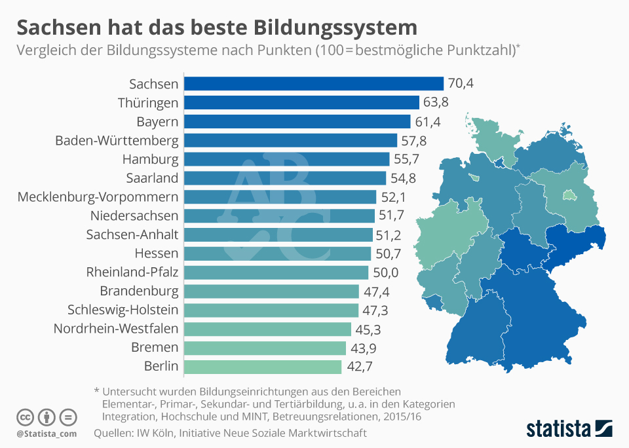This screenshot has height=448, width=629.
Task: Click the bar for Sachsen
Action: pos(313,84)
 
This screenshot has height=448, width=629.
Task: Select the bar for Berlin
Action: pos(262,367)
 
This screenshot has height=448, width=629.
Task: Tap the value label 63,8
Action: pos(438,103)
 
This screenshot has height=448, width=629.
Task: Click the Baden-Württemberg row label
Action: pos(117,141)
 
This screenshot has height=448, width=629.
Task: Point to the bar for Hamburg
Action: pos(287,159)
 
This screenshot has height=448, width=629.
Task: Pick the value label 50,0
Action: pos(387,272)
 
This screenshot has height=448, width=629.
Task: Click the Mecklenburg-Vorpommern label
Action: pos(98,197)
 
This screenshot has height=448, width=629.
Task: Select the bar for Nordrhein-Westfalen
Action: pos(267,329)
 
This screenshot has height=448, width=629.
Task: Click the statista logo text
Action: pos(556,430)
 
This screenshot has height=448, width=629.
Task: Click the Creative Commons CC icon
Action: pos(25,417)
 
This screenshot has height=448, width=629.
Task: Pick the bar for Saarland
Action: pos(284,178)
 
